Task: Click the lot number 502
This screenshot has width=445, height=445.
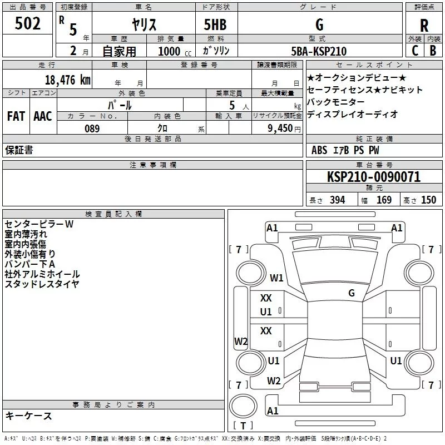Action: tap(27, 23)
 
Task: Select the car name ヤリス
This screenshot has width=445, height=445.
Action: tap(144, 24)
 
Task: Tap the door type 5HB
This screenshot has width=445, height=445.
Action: tap(215, 24)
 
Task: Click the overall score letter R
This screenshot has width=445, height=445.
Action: tap(424, 26)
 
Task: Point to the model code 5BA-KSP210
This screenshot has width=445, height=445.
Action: tap(319, 51)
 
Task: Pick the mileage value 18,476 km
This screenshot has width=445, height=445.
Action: tap(68, 80)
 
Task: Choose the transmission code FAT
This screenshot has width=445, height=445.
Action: tap(16, 116)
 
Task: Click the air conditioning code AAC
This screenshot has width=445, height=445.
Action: tap(43, 116)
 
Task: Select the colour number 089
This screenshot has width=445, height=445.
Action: tap(92, 128)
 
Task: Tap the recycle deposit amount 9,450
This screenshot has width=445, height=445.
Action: tap(280, 128)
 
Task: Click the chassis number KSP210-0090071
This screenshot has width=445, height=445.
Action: tap(374, 177)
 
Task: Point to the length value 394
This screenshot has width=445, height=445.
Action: tap(338, 200)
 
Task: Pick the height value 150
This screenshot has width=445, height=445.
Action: tap(428, 200)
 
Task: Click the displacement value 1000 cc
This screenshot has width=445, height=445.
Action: tap(175, 51)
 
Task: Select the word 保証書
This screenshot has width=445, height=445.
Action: tap(19, 150)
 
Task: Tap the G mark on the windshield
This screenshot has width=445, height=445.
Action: tap(352, 293)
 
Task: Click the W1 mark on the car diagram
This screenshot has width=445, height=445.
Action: tap(276, 278)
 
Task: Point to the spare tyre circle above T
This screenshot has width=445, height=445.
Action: tap(243, 406)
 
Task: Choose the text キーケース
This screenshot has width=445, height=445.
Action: tap(28, 416)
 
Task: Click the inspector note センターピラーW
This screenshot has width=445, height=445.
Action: tap(39, 224)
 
